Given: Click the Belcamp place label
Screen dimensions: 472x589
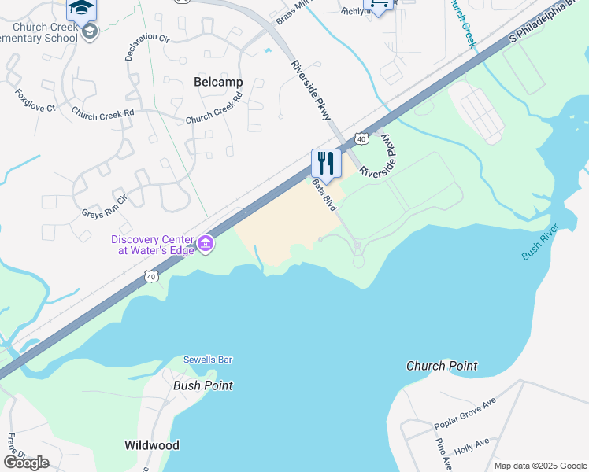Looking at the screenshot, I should (218, 82).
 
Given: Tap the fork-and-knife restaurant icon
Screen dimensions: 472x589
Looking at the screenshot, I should (324, 164).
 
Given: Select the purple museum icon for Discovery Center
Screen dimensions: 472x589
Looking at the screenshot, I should (206, 244).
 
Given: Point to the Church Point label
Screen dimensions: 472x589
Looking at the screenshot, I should (442, 366).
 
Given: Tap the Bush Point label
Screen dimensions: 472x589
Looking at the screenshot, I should (203, 385).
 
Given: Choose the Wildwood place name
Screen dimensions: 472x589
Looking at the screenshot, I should (152, 445).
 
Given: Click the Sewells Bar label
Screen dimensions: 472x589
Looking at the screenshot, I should (208, 360).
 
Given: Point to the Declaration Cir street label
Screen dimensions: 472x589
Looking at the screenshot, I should (146, 47).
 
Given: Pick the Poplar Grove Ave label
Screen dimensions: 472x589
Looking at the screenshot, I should (465, 414).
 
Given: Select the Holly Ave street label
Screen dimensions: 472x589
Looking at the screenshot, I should (472, 444).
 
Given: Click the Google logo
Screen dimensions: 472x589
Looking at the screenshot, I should (26, 463).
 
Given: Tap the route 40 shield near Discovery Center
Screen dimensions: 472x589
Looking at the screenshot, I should (151, 276).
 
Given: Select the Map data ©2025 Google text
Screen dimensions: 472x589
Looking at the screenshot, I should (539, 466).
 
